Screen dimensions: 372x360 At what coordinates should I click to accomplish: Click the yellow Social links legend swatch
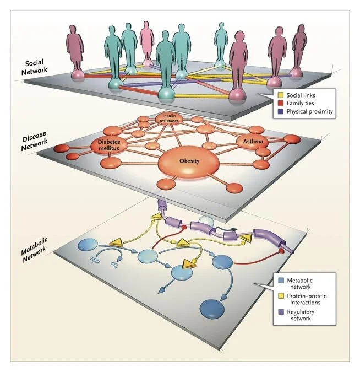coord(280,96)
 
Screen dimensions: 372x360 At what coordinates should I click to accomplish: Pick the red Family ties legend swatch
coord(280,104)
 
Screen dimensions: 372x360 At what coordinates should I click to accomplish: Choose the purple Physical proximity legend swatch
coord(280,112)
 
